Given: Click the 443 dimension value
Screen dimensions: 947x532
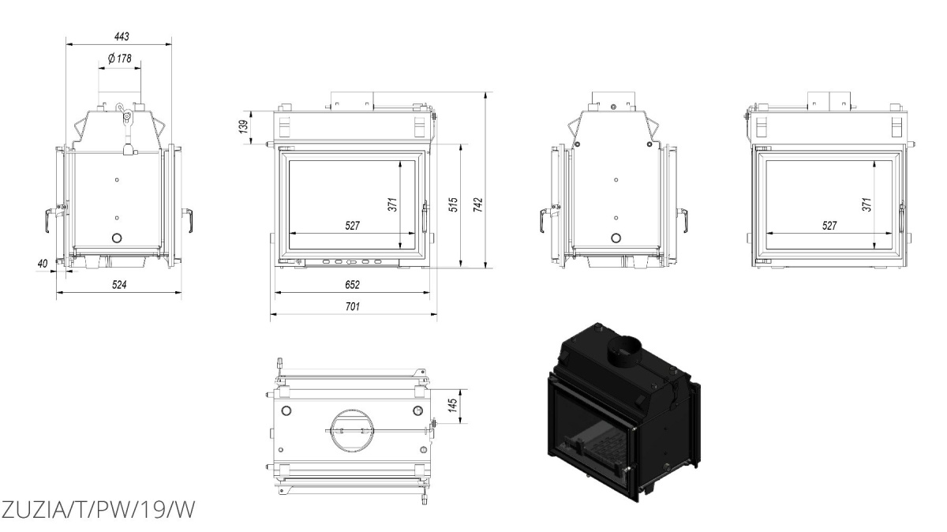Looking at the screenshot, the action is [122, 37].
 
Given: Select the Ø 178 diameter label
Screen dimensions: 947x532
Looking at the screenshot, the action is [120, 58].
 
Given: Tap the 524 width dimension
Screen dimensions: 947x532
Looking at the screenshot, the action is [119, 285].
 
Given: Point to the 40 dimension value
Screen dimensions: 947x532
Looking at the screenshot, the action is [43, 264].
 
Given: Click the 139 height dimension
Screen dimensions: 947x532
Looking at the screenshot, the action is [244, 127].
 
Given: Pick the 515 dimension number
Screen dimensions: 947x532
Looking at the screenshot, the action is [453, 204].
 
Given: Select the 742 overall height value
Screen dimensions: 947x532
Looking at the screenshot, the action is [477, 204].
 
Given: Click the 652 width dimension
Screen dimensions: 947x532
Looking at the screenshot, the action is [352, 285].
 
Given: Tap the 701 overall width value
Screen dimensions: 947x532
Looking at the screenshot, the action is [352, 306].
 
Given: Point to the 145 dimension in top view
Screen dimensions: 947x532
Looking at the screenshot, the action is [452, 405].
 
